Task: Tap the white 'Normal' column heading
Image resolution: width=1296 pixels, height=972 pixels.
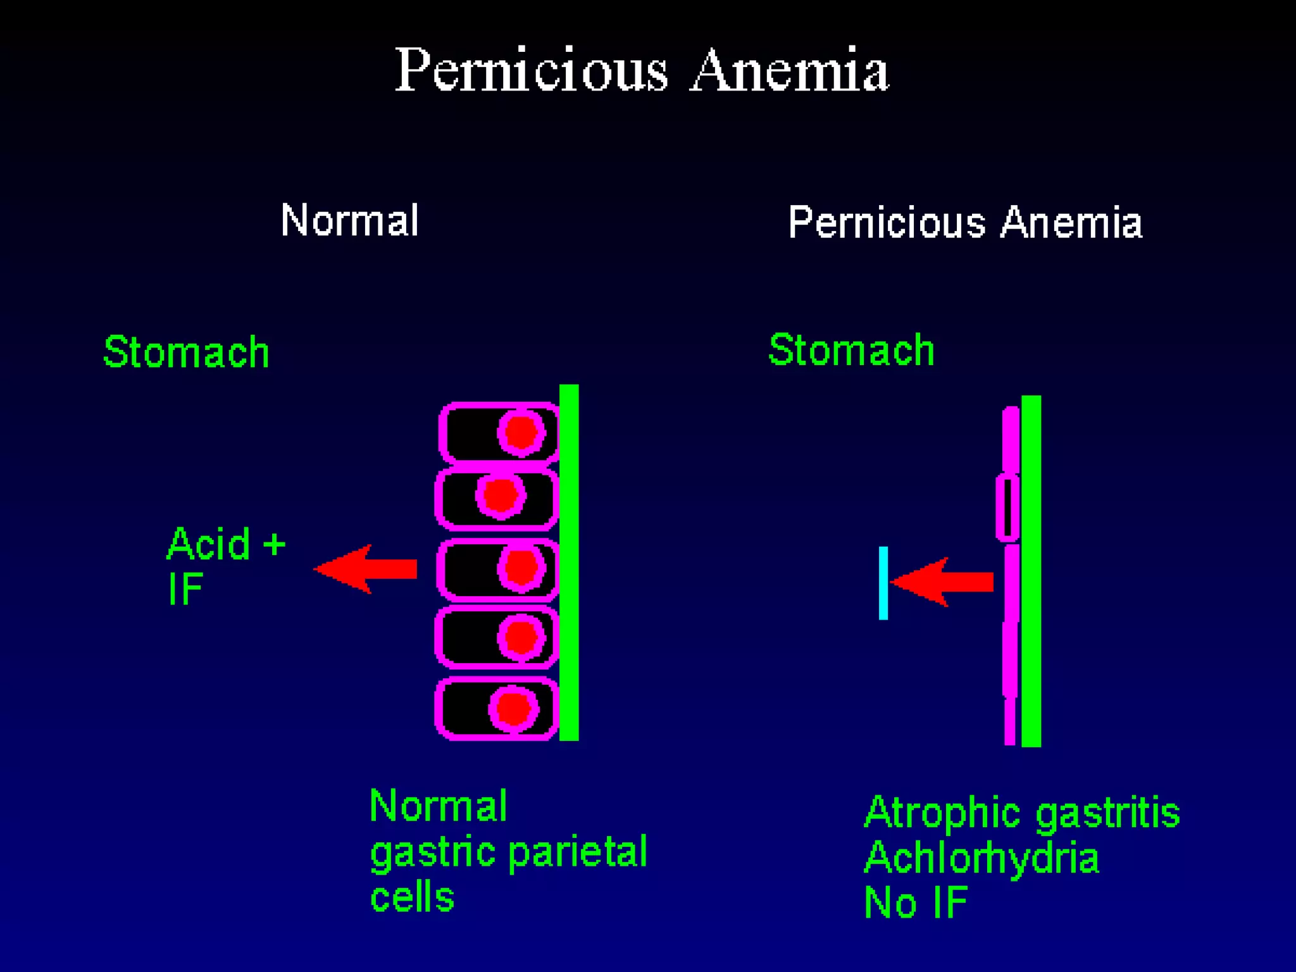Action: click(349, 220)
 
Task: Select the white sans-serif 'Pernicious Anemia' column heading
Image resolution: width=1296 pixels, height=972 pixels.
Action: click(965, 222)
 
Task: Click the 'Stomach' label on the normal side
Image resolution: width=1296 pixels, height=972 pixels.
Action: click(186, 352)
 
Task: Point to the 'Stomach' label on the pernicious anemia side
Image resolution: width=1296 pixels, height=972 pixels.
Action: click(851, 349)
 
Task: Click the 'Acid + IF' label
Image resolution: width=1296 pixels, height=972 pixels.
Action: click(225, 565)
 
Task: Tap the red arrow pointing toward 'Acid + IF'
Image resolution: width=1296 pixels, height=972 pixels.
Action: click(366, 569)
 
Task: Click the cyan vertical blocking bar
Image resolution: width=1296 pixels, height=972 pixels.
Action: click(883, 583)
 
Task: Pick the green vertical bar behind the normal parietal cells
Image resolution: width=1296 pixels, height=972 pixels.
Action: click(569, 562)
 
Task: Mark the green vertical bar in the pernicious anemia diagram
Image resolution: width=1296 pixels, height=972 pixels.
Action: click(1031, 571)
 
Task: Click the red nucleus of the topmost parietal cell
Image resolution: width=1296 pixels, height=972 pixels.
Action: click(521, 433)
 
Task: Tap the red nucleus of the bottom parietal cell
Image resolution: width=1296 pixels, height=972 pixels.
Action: click(513, 708)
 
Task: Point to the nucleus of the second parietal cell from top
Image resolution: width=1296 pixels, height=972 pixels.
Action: click(501, 494)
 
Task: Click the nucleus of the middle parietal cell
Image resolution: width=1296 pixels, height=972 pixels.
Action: click(521, 567)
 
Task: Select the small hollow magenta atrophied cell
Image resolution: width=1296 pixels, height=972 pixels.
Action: click(1007, 508)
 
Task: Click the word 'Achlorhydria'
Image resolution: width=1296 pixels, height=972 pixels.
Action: click(981, 858)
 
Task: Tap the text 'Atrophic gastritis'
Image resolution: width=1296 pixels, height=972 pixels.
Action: click(1021, 813)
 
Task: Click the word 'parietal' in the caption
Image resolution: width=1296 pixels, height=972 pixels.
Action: click(577, 853)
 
